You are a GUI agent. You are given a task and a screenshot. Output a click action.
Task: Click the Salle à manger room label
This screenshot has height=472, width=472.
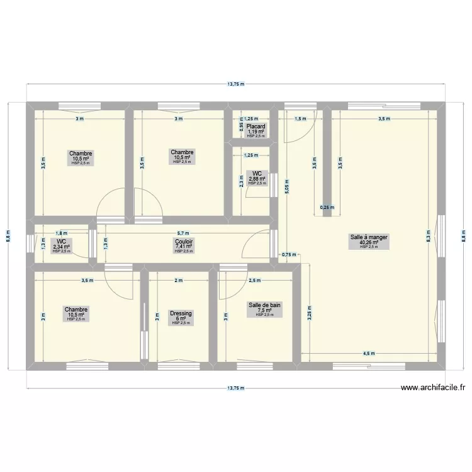(369, 237)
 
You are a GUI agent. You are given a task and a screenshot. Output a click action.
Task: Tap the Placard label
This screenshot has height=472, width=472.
(256, 126)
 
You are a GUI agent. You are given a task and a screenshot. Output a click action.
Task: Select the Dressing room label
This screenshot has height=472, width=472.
(181, 313)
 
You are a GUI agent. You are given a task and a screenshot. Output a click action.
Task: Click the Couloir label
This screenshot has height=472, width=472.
(184, 241)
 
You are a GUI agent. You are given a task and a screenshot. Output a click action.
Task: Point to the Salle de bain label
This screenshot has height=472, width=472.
(265, 305)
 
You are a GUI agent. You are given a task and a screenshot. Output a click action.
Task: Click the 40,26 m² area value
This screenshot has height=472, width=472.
(369, 242)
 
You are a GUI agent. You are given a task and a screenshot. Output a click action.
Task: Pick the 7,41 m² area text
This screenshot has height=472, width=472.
(184, 246)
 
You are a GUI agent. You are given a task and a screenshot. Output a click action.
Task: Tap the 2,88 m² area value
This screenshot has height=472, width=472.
(257, 179)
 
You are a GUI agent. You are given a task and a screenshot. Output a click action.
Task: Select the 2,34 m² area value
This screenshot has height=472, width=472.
(62, 246)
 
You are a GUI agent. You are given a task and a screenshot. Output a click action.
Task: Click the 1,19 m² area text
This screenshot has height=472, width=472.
(256, 132)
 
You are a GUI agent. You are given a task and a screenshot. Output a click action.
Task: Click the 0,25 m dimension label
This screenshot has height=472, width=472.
(327, 207)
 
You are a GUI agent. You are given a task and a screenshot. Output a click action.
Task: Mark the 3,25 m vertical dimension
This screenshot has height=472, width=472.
(308, 313)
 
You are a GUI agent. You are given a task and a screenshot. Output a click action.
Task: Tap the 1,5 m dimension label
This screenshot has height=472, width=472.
(300, 118)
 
